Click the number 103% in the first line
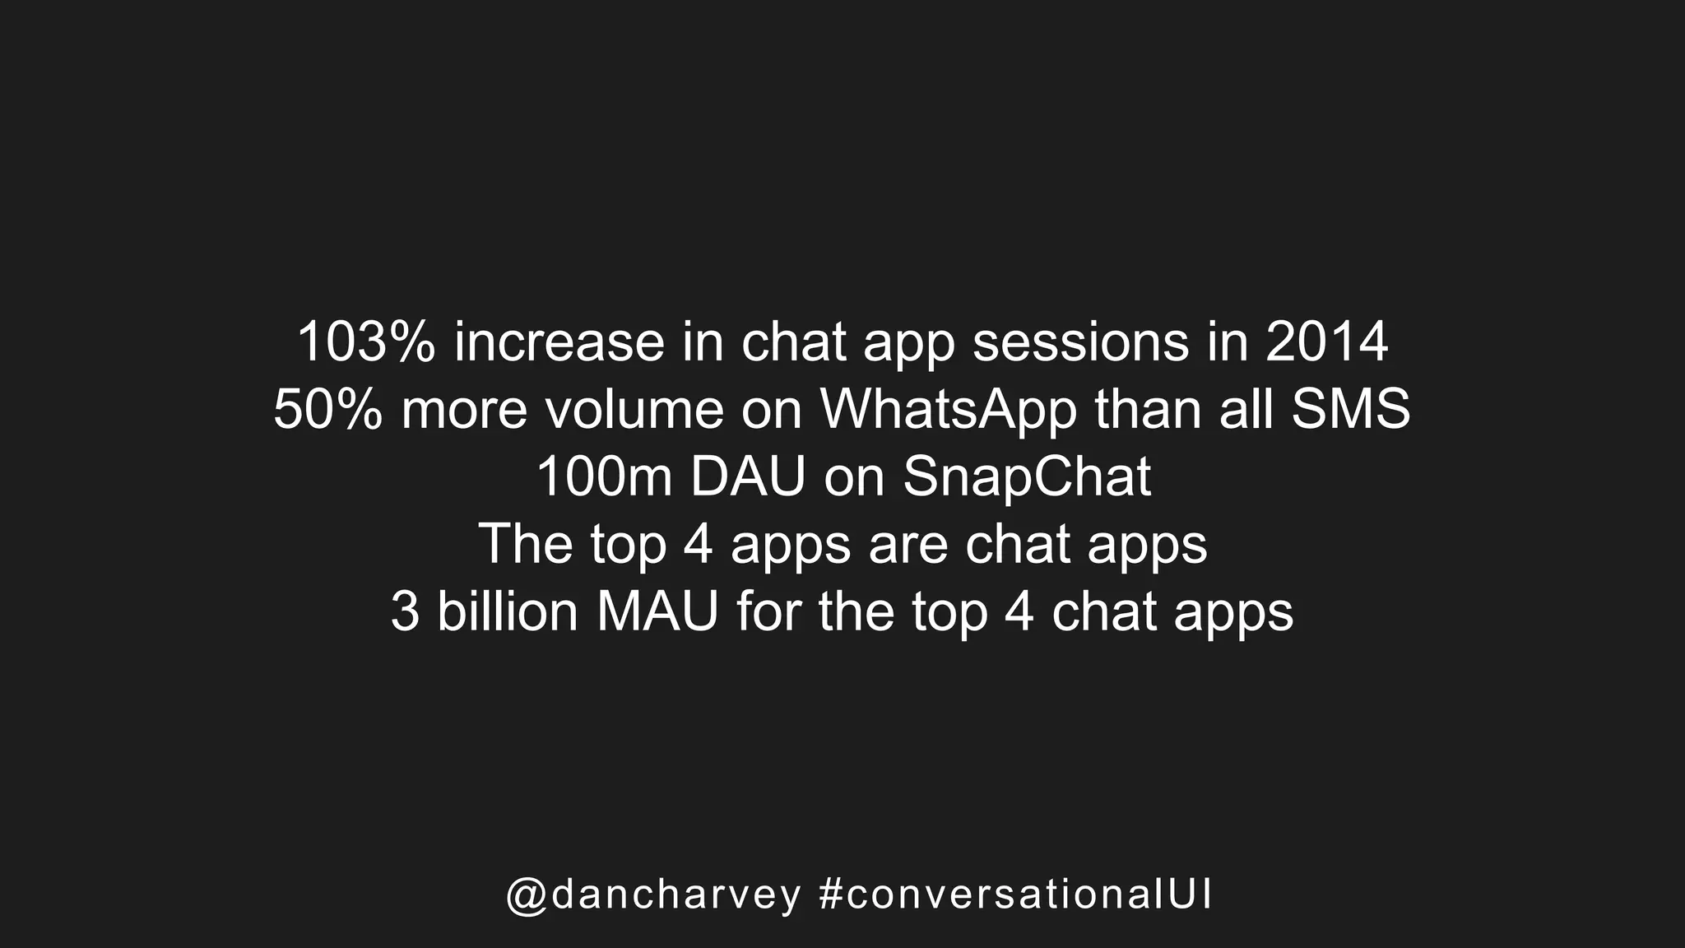[365, 342]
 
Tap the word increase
[559, 342]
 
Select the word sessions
[1081, 342]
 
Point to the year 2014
[1326, 342]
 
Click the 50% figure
[327, 410]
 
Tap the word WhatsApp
[949, 410]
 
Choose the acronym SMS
[1351, 410]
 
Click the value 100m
[605, 477]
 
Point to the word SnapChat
[1027, 477]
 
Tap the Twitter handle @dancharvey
[654, 895]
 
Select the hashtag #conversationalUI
[1016, 895]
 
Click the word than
[1148, 410]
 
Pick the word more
[464, 410]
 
